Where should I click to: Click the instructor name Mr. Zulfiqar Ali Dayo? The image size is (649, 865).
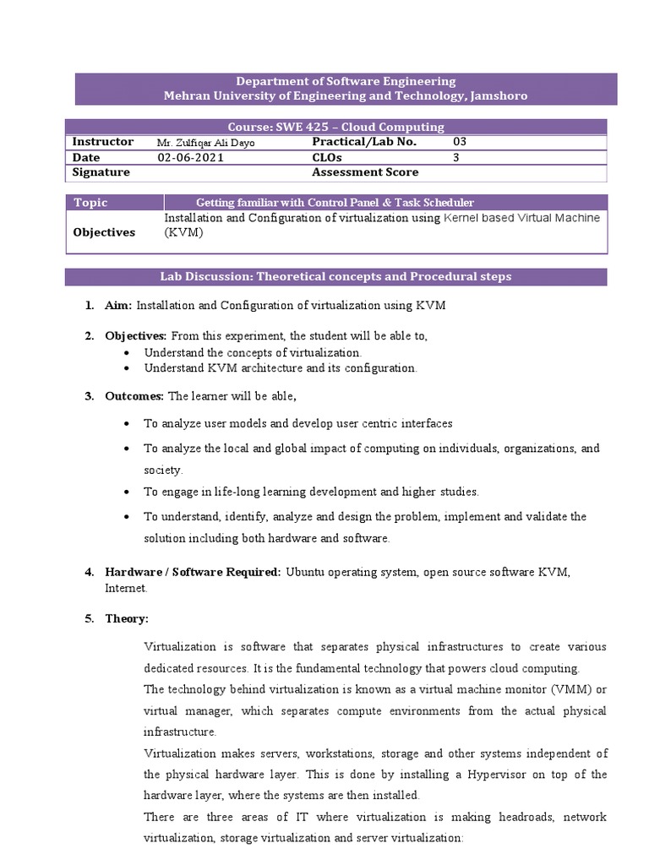pyautogui.click(x=205, y=143)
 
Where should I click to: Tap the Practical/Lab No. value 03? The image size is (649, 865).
pyautogui.click(x=460, y=142)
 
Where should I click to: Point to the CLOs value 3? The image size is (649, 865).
pyautogui.click(x=456, y=157)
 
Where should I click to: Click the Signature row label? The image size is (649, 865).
pyautogui.click(x=101, y=172)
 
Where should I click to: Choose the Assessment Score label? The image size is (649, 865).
pyautogui.click(x=365, y=172)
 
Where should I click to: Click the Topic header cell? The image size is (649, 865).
pyautogui.click(x=91, y=203)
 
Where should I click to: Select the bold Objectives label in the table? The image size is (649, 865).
pyautogui.click(x=104, y=232)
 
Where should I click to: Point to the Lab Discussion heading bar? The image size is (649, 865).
pyautogui.click(x=335, y=277)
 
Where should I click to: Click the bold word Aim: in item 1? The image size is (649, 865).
pyautogui.click(x=118, y=306)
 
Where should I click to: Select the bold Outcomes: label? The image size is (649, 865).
pyautogui.click(x=135, y=396)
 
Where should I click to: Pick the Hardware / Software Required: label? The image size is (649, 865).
pyautogui.click(x=193, y=572)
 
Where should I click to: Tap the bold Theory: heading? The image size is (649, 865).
pyautogui.click(x=127, y=618)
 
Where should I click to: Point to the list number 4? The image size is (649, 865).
pyautogui.click(x=89, y=572)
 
